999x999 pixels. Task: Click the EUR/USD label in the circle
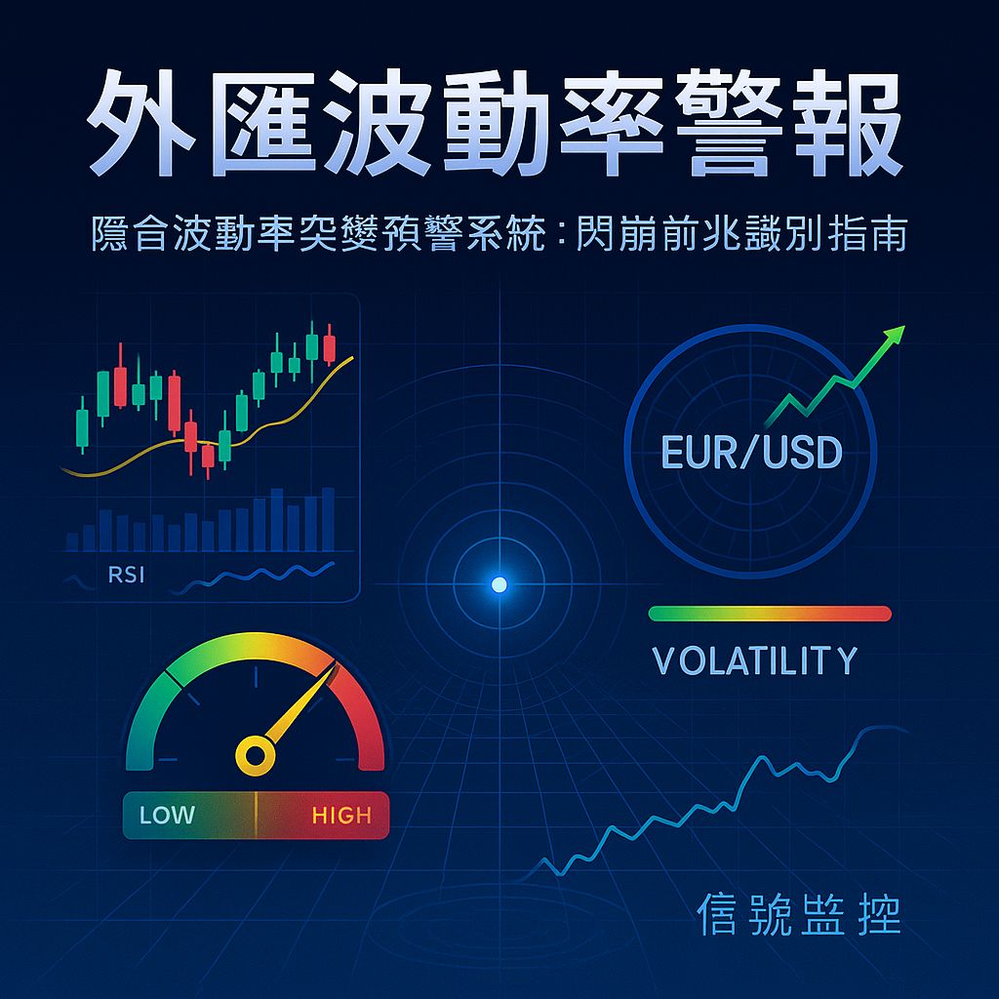[x=751, y=452]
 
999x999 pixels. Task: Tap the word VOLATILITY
[x=754, y=661]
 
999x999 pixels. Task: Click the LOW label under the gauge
[x=167, y=815]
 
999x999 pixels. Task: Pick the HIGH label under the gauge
[x=340, y=815]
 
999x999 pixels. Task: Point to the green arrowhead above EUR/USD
[x=892, y=337]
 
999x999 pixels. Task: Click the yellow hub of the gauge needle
[x=255, y=754]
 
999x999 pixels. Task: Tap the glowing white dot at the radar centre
[x=499, y=584]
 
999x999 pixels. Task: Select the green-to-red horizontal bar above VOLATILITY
[x=770, y=614]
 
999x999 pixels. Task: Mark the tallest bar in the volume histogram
[x=277, y=520]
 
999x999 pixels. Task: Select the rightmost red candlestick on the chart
[x=329, y=347]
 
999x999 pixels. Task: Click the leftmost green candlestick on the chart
[x=82, y=426]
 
